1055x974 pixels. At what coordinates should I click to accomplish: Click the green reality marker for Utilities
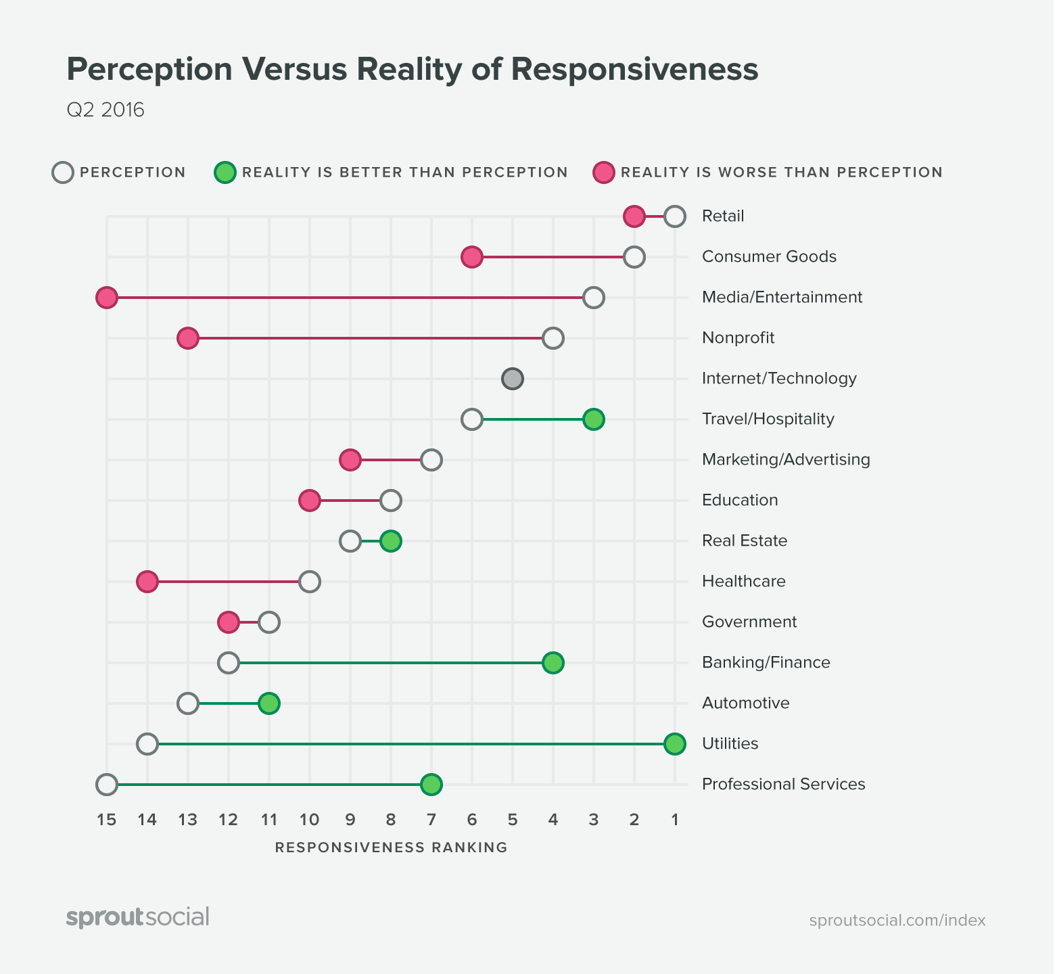(674, 744)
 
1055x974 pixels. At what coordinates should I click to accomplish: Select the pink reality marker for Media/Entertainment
(107, 298)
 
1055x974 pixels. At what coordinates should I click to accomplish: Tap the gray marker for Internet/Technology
(513, 379)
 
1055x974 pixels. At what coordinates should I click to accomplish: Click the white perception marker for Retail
(674, 216)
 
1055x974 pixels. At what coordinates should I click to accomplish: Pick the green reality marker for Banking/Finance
(553, 663)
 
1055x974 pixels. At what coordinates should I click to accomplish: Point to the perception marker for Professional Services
(107, 785)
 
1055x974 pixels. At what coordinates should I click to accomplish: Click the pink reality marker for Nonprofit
(188, 338)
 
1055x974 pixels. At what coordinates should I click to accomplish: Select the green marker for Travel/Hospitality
(593, 419)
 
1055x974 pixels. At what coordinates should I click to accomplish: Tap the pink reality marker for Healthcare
(147, 582)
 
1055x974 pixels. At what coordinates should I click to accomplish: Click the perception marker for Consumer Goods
(634, 257)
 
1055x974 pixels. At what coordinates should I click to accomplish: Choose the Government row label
(749, 622)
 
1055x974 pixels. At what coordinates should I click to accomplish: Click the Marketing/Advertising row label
(786, 459)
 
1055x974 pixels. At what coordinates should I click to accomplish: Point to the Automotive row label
(745, 703)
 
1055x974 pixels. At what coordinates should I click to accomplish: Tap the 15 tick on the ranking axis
(107, 820)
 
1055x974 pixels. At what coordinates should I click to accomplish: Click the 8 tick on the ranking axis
(391, 820)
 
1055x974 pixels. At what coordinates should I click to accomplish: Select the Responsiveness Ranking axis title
(391, 848)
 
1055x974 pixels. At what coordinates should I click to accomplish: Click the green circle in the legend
(225, 172)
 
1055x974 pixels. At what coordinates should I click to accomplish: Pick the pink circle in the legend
(603, 172)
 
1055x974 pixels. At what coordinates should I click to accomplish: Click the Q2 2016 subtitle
(105, 110)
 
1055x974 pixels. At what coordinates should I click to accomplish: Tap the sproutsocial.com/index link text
(897, 920)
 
